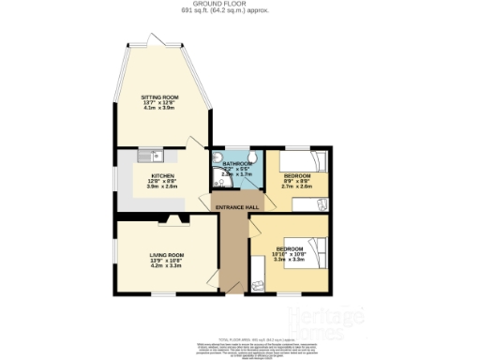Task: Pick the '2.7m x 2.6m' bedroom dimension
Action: (296, 187)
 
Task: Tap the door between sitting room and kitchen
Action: (195, 143)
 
